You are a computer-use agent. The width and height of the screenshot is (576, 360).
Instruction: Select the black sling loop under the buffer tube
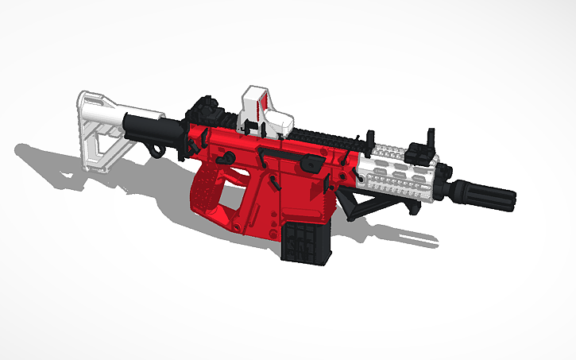[x=155, y=148]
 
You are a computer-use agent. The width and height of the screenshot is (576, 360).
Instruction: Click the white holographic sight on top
[x=267, y=111]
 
